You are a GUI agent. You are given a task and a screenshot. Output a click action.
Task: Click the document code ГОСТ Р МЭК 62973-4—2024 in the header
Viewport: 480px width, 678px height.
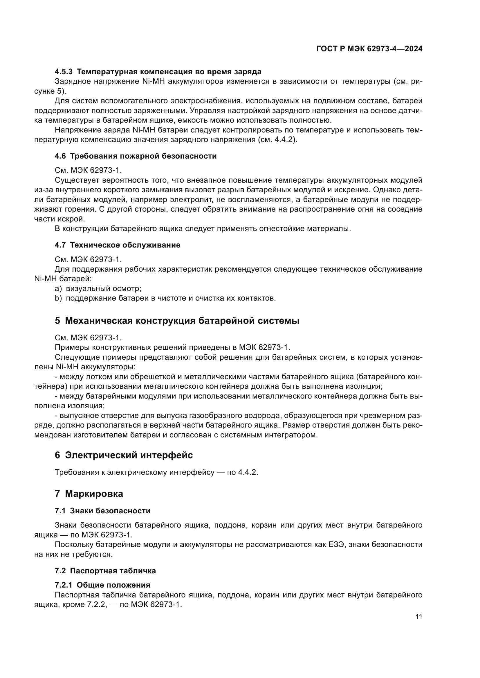(x=369, y=49)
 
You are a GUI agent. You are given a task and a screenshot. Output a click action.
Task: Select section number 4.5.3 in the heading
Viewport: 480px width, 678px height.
(x=64, y=72)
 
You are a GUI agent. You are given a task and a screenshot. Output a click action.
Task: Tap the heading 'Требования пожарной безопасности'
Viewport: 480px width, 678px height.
(x=143, y=156)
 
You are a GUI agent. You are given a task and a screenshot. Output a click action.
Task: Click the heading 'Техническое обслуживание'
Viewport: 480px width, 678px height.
(x=125, y=245)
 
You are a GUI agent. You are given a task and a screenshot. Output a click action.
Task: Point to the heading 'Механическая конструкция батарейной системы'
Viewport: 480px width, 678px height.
(x=182, y=321)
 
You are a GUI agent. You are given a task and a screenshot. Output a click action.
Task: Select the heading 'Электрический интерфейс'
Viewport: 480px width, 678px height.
(x=129, y=455)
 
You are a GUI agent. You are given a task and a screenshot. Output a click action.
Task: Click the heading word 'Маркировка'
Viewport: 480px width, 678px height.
(x=94, y=494)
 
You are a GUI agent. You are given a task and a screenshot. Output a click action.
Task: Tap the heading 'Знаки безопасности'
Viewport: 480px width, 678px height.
(x=110, y=511)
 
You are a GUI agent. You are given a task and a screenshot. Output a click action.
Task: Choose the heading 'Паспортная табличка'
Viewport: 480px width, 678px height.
(x=113, y=571)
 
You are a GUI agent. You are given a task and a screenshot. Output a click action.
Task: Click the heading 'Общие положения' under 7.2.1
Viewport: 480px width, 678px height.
(x=113, y=585)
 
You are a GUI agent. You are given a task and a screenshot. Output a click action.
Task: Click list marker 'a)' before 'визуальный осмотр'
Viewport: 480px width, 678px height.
(x=58, y=288)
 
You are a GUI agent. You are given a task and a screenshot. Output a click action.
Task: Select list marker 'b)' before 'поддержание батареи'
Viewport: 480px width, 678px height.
(x=58, y=298)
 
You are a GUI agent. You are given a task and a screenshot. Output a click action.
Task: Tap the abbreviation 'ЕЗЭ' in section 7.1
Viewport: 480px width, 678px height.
(x=336, y=545)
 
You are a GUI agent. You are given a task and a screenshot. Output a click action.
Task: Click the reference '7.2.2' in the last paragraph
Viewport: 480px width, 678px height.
(x=95, y=604)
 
